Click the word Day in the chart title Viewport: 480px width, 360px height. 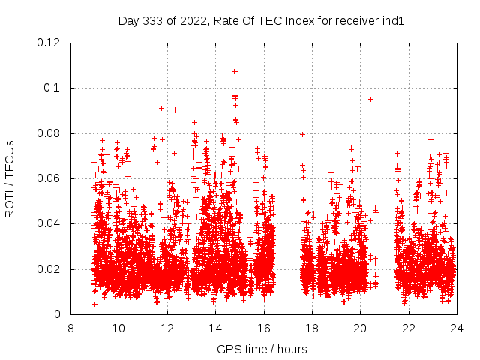tap(128, 21)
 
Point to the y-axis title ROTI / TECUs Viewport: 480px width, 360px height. tap(10, 178)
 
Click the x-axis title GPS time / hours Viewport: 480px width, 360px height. tap(262, 349)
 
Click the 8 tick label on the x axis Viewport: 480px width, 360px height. tap(70, 328)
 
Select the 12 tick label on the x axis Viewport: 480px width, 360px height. tap(167, 328)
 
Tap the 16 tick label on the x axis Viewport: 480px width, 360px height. tap(263, 328)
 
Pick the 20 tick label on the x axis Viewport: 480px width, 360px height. tap(360, 328)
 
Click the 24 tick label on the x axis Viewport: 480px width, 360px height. tap(456, 328)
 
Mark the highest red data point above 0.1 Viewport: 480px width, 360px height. tap(235, 71)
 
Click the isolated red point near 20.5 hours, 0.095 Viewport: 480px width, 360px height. tap(370, 99)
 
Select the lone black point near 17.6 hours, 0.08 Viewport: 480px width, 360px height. tap(302, 134)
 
